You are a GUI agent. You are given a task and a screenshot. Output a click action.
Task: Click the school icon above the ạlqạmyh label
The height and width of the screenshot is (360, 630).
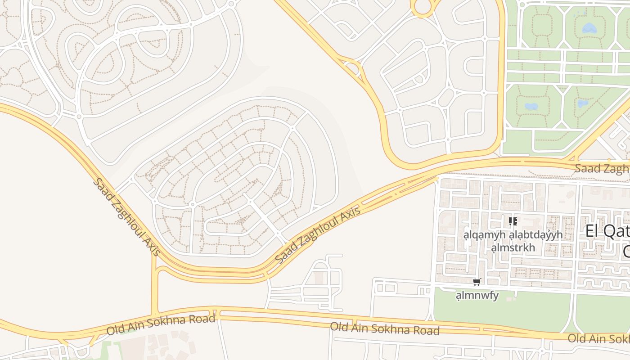coord(513,221)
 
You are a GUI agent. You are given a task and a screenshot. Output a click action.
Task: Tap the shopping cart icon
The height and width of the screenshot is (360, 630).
coord(477,282)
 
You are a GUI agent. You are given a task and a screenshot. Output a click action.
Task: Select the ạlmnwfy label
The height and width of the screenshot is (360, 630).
coord(477,296)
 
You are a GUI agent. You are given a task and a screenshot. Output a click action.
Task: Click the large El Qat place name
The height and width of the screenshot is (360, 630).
coord(607,231)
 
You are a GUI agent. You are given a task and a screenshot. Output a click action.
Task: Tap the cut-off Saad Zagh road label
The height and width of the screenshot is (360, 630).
coord(602,169)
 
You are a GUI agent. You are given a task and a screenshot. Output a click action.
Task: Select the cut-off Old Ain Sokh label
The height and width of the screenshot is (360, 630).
coord(598,339)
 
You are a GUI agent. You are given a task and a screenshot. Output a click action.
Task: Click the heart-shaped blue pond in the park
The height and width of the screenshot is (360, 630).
coord(589,28)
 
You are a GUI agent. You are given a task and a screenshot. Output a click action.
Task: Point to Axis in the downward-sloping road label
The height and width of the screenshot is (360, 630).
coord(152,246)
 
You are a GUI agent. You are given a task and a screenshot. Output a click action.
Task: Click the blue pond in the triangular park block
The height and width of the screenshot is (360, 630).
coord(583,103)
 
